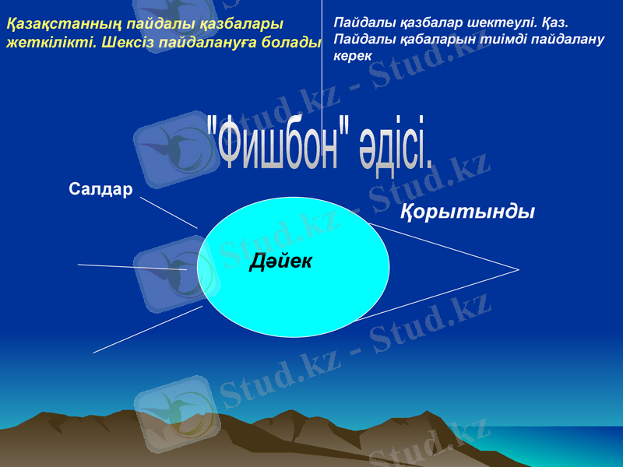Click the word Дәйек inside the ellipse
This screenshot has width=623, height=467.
(x=281, y=262)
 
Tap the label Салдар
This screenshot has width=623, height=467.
(x=100, y=189)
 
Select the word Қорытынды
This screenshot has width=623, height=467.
(x=467, y=212)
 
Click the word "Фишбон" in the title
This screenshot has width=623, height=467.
(x=276, y=144)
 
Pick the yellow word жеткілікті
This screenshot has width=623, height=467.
(x=51, y=42)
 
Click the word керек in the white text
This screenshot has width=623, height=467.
(x=351, y=57)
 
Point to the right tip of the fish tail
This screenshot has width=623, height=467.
(x=518, y=270)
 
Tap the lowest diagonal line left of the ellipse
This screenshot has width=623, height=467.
(x=148, y=329)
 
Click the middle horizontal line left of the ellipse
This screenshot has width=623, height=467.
(x=132, y=267)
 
